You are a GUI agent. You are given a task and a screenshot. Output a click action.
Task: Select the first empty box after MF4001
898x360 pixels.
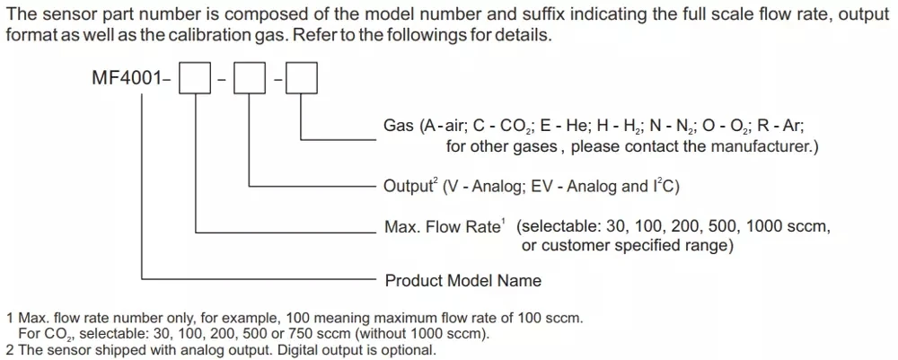[196, 79]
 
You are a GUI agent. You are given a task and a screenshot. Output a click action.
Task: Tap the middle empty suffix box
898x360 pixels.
[248, 79]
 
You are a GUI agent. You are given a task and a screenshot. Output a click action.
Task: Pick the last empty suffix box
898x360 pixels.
[301, 79]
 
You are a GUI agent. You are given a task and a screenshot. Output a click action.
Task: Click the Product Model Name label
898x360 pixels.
[463, 281]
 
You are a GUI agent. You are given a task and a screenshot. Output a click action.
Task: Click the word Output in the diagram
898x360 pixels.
[408, 187]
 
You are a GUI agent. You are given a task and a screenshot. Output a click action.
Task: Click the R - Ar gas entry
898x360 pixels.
[784, 127]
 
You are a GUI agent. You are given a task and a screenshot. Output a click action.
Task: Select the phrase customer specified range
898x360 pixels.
[633, 245]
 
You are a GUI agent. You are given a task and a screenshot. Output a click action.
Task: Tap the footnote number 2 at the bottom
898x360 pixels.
[10, 350]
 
